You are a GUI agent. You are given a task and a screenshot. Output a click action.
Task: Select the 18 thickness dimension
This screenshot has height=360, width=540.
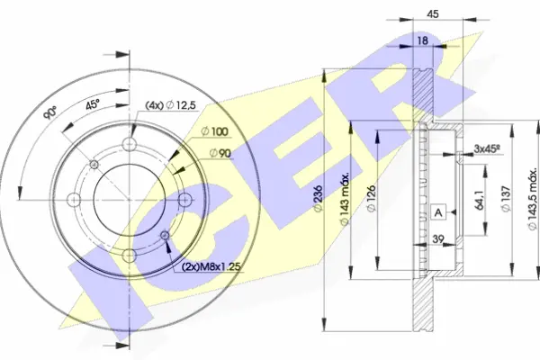[x=422, y=40]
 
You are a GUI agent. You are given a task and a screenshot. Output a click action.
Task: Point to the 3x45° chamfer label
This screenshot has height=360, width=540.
[x=488, y=148]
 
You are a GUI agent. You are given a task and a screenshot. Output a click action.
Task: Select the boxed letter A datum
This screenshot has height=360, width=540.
[x=438, y=212]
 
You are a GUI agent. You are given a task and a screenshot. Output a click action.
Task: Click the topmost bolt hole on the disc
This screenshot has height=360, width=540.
[x=130, y=147]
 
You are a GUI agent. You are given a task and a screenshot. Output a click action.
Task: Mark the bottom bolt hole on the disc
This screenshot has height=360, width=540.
[x=130, y=254]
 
